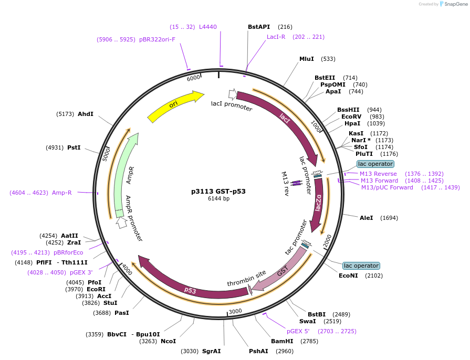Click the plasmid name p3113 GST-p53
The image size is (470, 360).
click(218, 192)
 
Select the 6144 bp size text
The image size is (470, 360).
click(218, 199)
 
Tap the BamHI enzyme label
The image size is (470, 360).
click(281, 342)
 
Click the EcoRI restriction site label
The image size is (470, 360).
click(96, 289)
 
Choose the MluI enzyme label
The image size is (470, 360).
click(306, 59)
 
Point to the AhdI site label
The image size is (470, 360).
click(86, 114)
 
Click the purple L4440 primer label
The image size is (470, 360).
click(207, 27)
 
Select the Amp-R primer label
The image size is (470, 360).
click(62, 193)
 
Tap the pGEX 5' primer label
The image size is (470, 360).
click(298, 331)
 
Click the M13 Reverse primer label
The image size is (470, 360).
click(378, 174)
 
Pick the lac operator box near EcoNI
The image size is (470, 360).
click(361, 266)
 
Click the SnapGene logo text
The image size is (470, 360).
click(455, 4)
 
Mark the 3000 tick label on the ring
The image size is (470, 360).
click(235, 311)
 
